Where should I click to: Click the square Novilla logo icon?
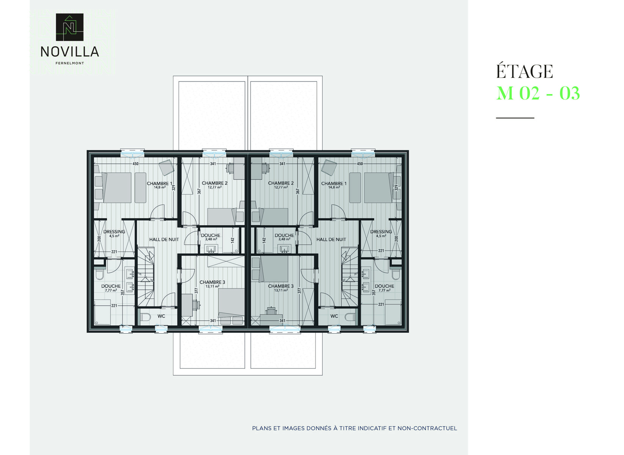[70, 27]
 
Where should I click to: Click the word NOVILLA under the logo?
[70, 52]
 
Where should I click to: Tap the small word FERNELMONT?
[70, 63]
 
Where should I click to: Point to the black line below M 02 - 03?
[515, 118]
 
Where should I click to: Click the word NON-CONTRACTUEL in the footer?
[428, 428]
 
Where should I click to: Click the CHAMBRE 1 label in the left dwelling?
[160, 184]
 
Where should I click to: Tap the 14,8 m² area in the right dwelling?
[334, 187]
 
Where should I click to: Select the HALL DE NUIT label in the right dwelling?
[331, 240]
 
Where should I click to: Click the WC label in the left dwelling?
[161, 316]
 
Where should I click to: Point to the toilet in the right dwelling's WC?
[350, 317]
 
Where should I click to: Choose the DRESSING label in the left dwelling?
[114, 232]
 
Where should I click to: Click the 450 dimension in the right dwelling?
[360, 164]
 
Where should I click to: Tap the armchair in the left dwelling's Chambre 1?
[166, 168]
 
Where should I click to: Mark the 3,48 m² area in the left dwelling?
[211, 239]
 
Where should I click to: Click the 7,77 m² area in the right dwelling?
[384, 290]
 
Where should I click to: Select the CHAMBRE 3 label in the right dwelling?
[281, 286]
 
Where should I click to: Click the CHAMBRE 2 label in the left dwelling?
[214, 183]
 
